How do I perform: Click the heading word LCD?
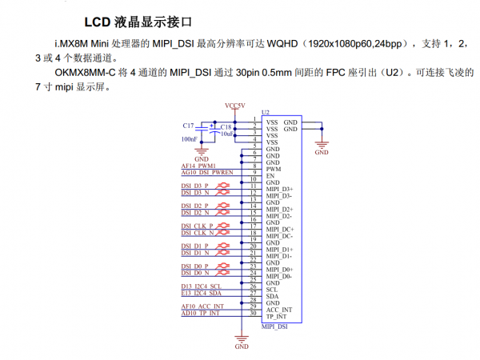pos(100,18)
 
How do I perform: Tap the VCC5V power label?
pos(237,105)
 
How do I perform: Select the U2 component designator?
pos(265,114)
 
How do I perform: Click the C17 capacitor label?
pos(188,126)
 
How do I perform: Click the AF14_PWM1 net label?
pos(199,166)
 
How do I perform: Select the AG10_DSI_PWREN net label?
pos(206,172)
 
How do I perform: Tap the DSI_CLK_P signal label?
pos(197,226)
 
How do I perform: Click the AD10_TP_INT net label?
pos(202,313)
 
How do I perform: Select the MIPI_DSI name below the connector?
pos(274,326)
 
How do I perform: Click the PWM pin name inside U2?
pos(274,169)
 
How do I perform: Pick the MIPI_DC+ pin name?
pos(279,230)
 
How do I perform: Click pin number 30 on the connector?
pos(254,312)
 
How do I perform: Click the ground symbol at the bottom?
pos(241,345)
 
